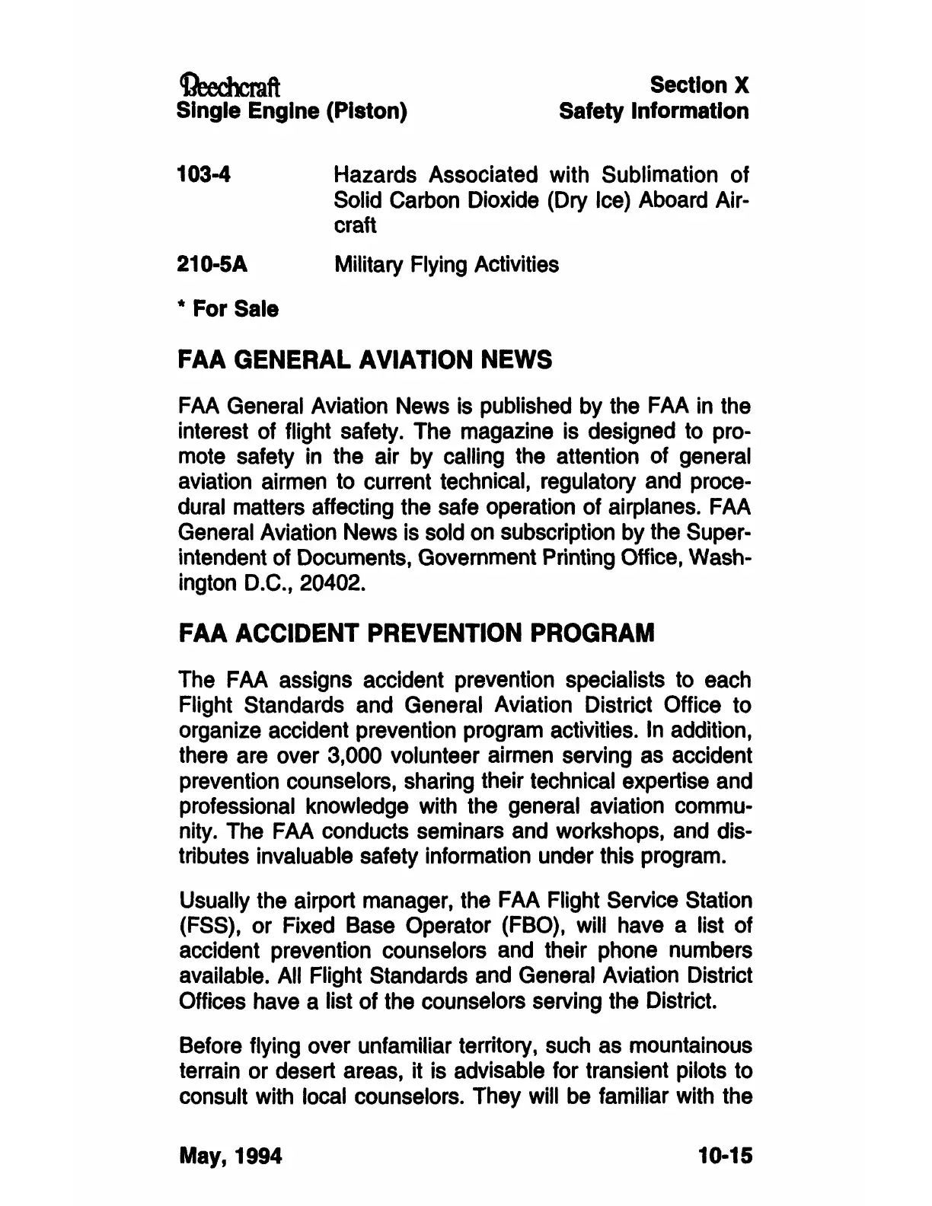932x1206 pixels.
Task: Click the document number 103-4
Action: (x=203, y=175)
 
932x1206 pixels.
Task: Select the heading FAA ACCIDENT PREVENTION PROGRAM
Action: (x=416, y=633)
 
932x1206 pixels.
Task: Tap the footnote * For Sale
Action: (x=228, y=309)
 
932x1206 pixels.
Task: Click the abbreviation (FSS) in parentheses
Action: (x=206, y=926)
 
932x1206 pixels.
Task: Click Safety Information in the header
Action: (x=653, y=111)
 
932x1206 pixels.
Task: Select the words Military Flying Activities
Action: (x=446, y=264)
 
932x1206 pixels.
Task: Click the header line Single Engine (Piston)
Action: (x=292, y=111)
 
